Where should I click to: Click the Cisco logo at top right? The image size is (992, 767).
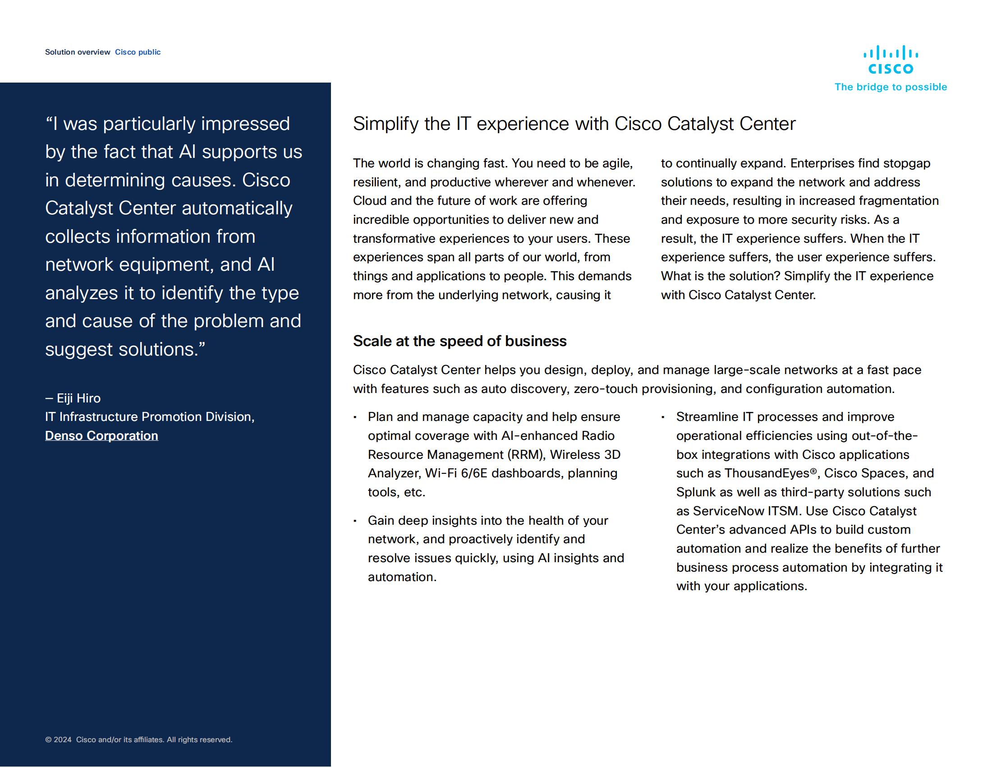(890, 60)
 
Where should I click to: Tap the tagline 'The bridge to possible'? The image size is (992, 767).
(890, 87)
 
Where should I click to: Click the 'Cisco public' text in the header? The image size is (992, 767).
(138, 52)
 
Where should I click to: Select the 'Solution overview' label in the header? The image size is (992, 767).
(78, 52)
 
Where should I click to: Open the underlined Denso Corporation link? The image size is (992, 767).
(101, 435)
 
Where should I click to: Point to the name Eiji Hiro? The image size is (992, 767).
(78, 398)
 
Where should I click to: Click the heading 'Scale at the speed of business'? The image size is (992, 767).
(459, 341)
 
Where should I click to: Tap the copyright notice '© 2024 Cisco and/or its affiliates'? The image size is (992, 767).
(138, 740)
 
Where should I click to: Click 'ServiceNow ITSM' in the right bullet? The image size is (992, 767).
(745, 511)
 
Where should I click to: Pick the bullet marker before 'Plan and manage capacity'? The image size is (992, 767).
(355, 417)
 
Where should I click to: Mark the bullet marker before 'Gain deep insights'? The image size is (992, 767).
(355, 521)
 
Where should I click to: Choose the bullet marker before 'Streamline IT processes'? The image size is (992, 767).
(663, 417)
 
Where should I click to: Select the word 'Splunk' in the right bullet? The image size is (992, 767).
(695, 492)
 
